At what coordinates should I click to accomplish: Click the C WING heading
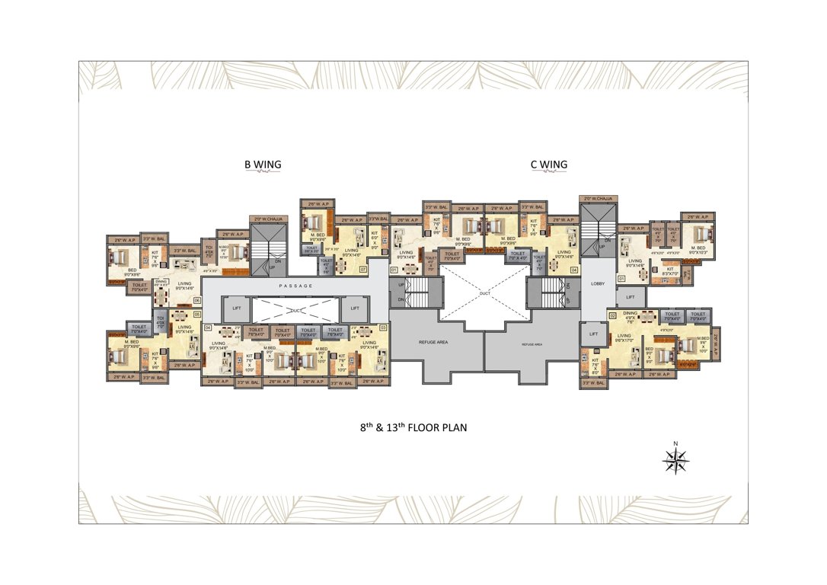coord(548,165)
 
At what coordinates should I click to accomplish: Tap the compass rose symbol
coord(675,459)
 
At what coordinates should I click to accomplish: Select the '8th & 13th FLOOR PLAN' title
coord(413,428)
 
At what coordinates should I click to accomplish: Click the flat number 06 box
coord(196,300)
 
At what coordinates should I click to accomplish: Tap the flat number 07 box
coord(363,269)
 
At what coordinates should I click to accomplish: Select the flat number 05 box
coord(196,314)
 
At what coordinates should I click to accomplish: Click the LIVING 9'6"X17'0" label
coord(624,338)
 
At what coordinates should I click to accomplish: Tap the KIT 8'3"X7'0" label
coord(670,271)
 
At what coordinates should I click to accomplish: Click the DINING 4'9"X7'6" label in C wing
coord(629,318)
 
